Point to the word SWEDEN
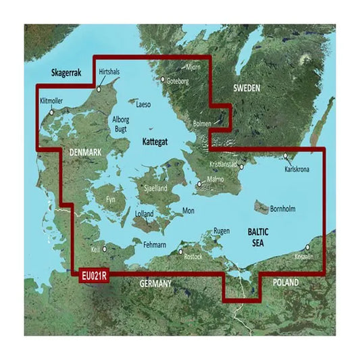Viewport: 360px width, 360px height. pyautogui.click(x=247, y=88)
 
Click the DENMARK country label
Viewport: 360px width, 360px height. pyautogui.click(x=86, y=154)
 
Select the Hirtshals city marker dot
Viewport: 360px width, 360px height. pyautogui.click(x=99, y=89)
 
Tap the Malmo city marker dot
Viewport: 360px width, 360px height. pyautogui.click(x=199, y=183)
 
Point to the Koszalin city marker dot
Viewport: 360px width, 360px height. pyautogui.click(x=308, y=248)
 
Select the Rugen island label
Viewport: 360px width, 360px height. pyautogui.click(x=222, y=231)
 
